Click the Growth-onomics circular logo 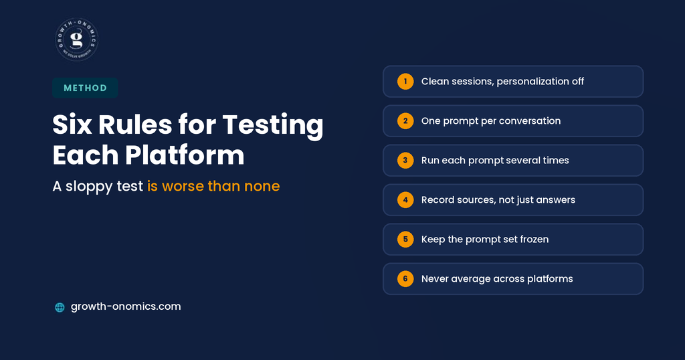(76, 39)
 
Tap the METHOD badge (85, 88)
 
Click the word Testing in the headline (273, 125)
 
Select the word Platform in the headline (185, 155)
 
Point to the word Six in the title (72, 124)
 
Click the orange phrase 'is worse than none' (213, 186)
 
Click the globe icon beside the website (60, 308)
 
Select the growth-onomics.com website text (126, 306)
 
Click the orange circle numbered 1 (405, 81)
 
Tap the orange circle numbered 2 (405, 121)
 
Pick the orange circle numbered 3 (405, 161)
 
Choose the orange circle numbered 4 (405, 199)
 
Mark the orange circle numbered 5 (405, 240)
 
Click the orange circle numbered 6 (405, 279)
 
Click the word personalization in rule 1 (532, 82)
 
